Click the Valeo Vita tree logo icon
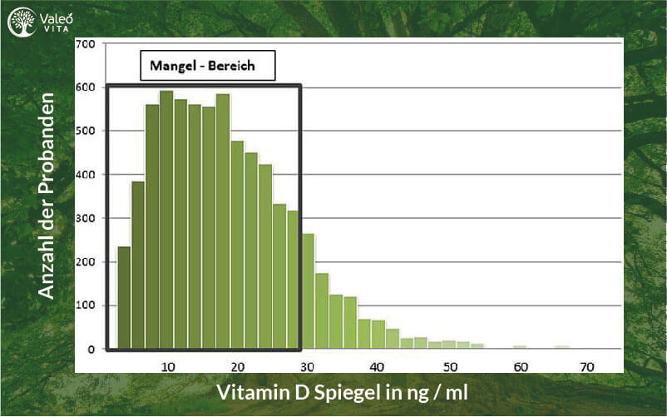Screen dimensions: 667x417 tap(22, 22)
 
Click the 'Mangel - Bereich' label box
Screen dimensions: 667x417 tap(208, 66)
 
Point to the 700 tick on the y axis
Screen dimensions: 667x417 tap(86, 44)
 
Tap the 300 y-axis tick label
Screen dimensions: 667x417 tap(86, 218)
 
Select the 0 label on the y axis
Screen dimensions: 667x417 tap(91, 350)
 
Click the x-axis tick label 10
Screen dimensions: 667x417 tap(168, 367)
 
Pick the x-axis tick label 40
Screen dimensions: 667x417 tap(377, 367)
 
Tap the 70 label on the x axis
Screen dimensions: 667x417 tap(587, 367)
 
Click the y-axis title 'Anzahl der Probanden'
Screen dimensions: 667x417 tap(47, 196)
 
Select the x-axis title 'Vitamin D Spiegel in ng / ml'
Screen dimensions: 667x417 tap(343, 392)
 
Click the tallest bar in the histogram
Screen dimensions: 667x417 tap(166, 220)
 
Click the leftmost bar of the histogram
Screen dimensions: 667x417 tap(124, 298)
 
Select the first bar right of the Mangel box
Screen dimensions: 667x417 tap(308, 291)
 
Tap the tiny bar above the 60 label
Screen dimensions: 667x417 tap(520, 347)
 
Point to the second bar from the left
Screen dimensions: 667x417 tap(138, 266)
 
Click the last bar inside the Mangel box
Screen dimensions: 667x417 tap(293, 280)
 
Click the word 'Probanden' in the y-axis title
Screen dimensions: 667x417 tap(47, 143)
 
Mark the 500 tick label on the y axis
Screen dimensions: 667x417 tap(86, 131)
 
